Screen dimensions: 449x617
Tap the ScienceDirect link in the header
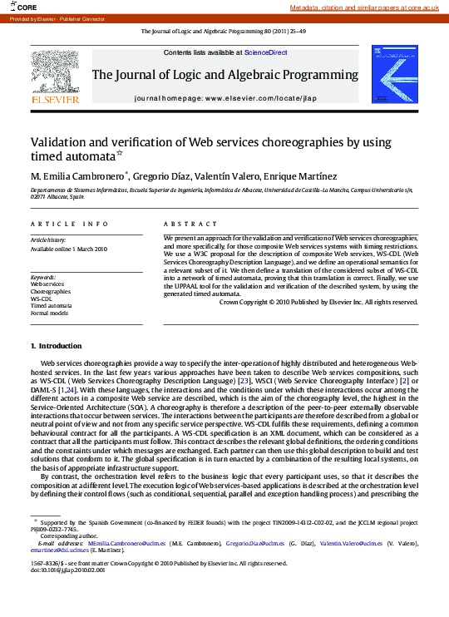point(265,52)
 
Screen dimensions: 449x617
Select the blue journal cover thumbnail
point(394,74)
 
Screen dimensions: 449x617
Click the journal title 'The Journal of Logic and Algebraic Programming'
point(224,75)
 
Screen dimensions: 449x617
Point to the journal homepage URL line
point(224,98)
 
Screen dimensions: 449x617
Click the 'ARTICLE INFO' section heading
point(69,224)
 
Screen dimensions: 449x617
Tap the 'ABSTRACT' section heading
point(184,224)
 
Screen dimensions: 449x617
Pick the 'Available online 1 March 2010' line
point(69,249)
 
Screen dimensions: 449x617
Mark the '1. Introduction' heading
point(56,345)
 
